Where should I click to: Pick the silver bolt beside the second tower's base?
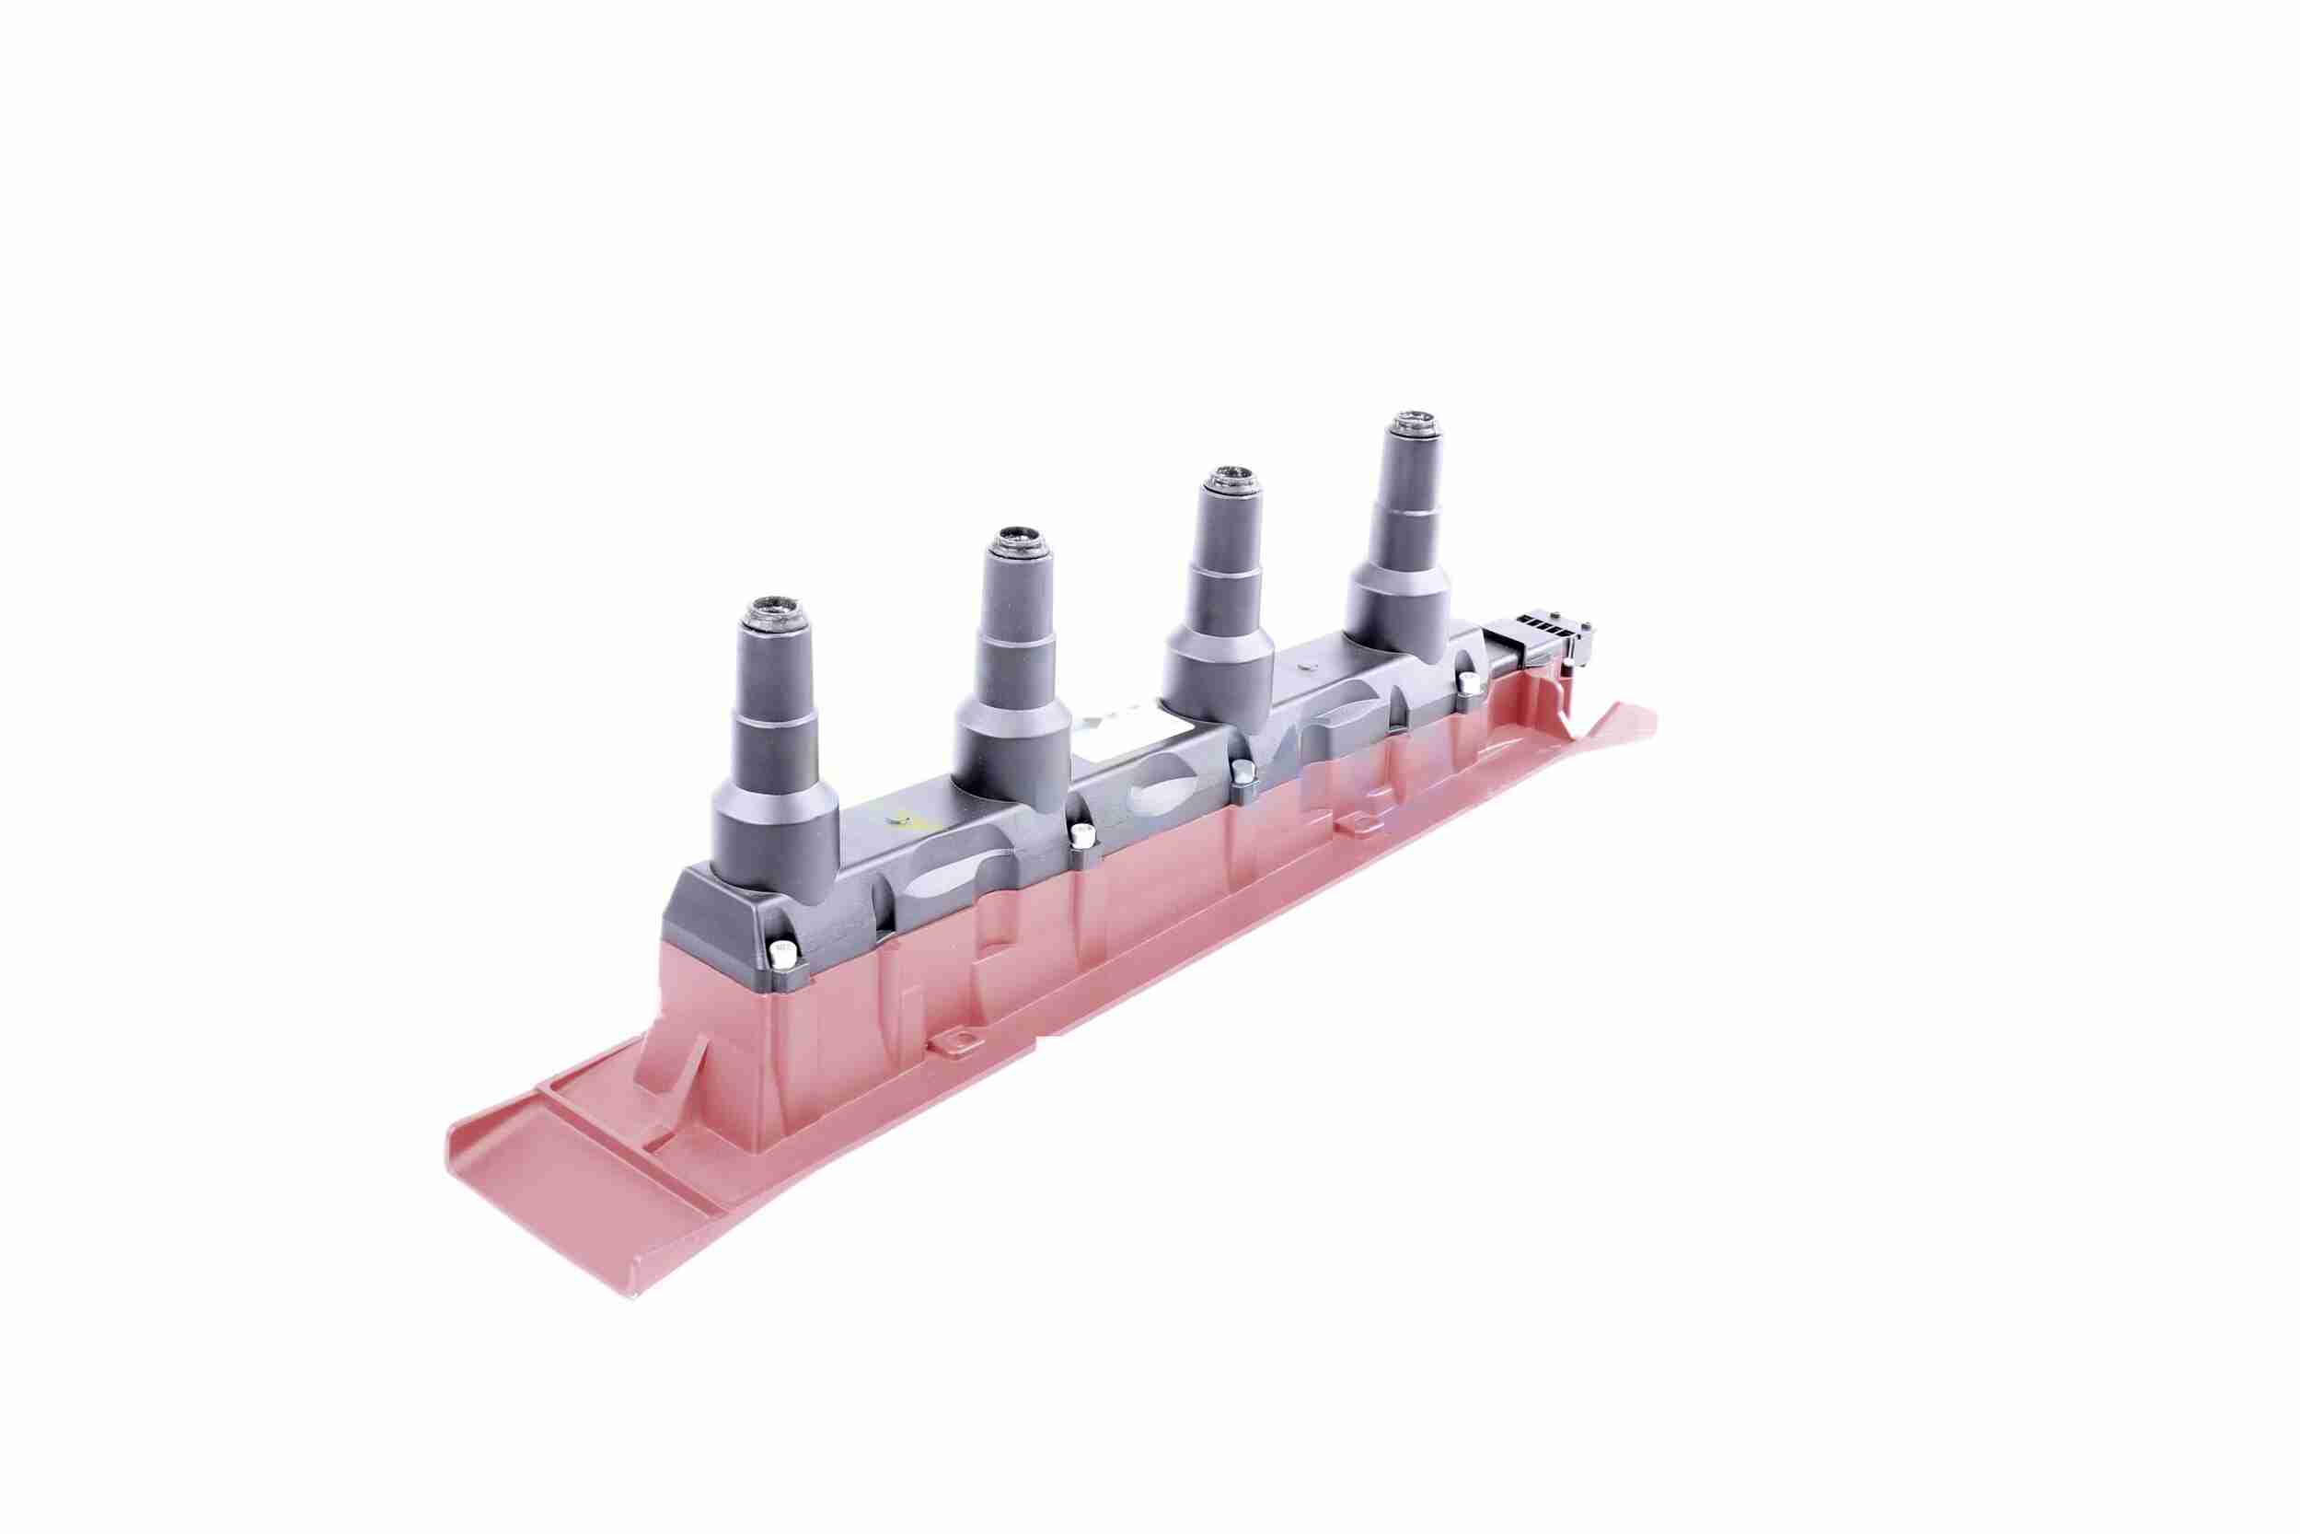[1081, 834]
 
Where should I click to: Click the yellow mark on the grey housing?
[914, 819]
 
